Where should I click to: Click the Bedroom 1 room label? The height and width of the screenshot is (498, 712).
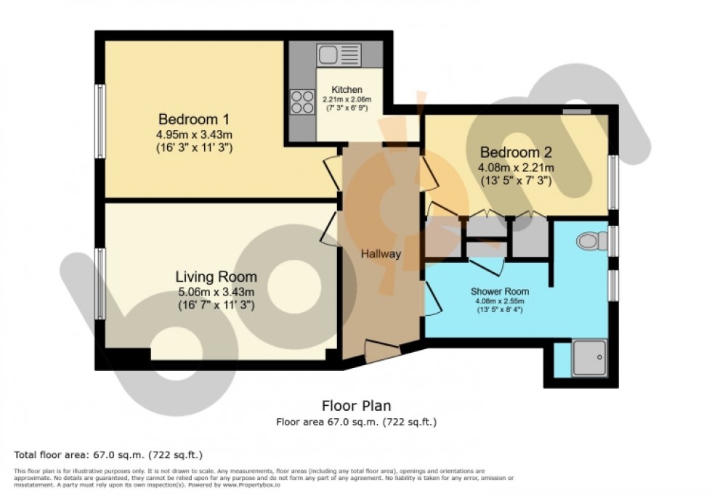[195, 119]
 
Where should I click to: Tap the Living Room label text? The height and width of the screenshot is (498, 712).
[216, 277]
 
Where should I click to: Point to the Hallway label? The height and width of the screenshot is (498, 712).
[381, 254]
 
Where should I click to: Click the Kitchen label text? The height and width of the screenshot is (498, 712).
[347, 89]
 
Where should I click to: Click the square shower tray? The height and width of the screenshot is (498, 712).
[589, 359]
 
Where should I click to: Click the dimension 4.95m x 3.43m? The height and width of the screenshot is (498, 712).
[194, 134]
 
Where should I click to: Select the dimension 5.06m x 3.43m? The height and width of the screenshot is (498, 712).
[216, 292]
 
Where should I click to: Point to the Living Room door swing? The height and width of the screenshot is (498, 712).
[328, 227]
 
